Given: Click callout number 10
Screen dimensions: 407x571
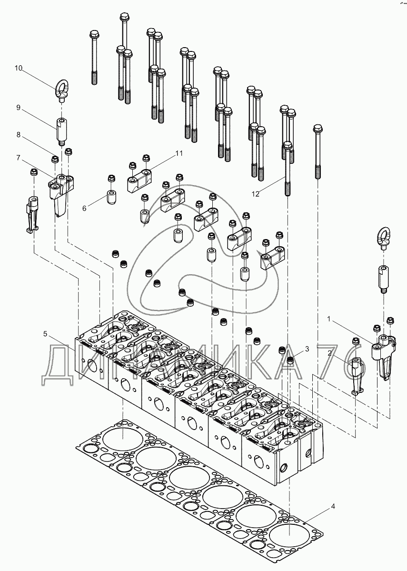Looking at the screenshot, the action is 19,68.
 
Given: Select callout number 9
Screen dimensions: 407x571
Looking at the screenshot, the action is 18,108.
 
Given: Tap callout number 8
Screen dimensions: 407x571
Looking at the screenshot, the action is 18,135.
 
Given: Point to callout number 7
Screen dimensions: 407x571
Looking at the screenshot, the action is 18,158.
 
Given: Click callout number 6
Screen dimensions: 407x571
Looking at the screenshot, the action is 84,208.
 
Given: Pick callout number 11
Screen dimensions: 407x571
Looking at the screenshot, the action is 179,153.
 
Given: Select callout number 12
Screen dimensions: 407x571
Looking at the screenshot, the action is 255,194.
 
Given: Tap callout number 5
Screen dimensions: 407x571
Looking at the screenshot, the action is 45,333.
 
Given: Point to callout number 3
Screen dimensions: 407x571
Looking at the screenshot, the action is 307,349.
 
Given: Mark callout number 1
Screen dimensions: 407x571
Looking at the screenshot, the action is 329,319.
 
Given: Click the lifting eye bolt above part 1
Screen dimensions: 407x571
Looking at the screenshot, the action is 383,238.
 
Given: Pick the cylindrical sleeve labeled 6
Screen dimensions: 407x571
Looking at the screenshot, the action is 111,197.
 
